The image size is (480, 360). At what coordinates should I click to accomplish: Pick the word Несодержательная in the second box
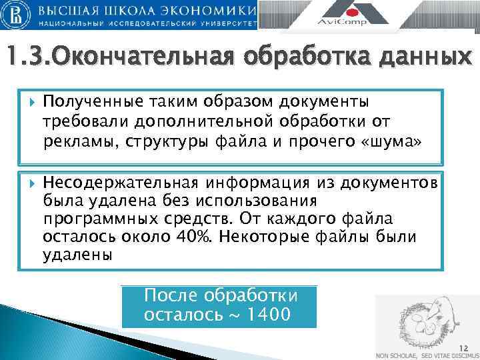(120, 183)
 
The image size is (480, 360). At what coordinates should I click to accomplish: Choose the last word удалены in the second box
(78, 254)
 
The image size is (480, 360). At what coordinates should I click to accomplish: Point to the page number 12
(464, 347)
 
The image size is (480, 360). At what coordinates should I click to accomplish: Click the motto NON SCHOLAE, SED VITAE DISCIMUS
(427, 355)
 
